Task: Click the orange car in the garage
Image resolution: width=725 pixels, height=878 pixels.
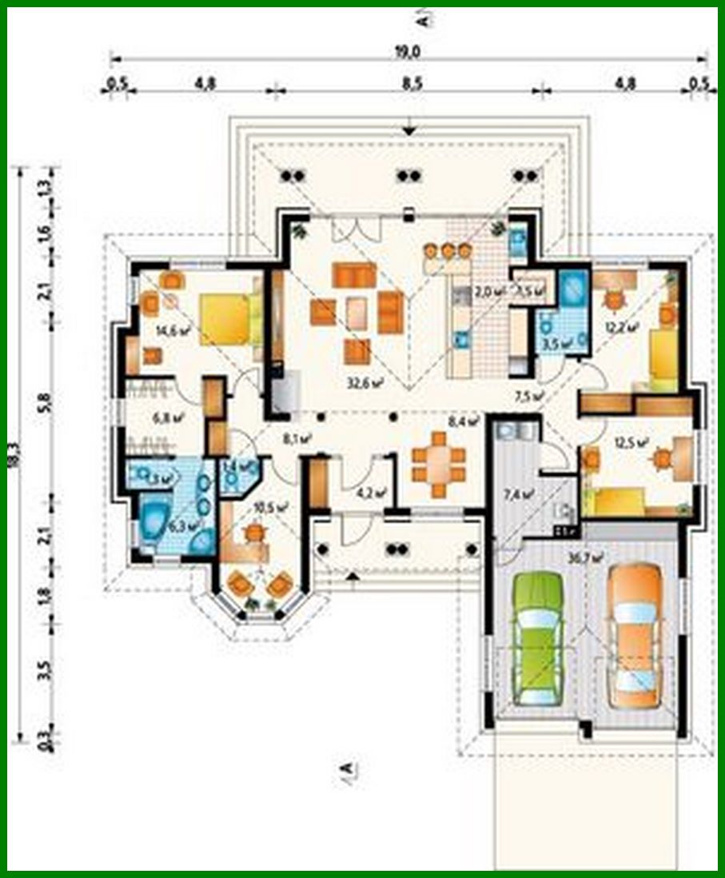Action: pos(635,636)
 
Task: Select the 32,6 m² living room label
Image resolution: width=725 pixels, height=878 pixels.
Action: pos(362,383)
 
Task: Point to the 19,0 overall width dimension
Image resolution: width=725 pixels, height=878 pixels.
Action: pos(408,51)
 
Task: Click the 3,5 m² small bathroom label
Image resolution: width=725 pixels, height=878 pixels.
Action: pos(555,345)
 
